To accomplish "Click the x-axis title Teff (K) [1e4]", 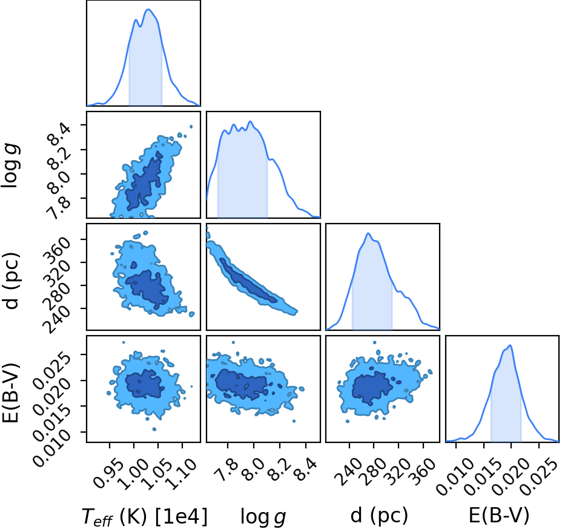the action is [x=145, y=517].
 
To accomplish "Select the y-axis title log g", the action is [x=11, y=165].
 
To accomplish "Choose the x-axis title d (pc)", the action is [x=379, y=515].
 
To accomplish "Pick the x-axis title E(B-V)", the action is [x=499, y=516].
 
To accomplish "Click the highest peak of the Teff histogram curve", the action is [x=148, y=9].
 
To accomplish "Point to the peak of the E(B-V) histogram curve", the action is [x=510, y=345].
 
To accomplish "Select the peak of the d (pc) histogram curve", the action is [x=368, y=233].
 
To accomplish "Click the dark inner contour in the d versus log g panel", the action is [x=247, y=281].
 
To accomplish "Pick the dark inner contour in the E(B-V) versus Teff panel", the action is [x=145, y=384].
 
